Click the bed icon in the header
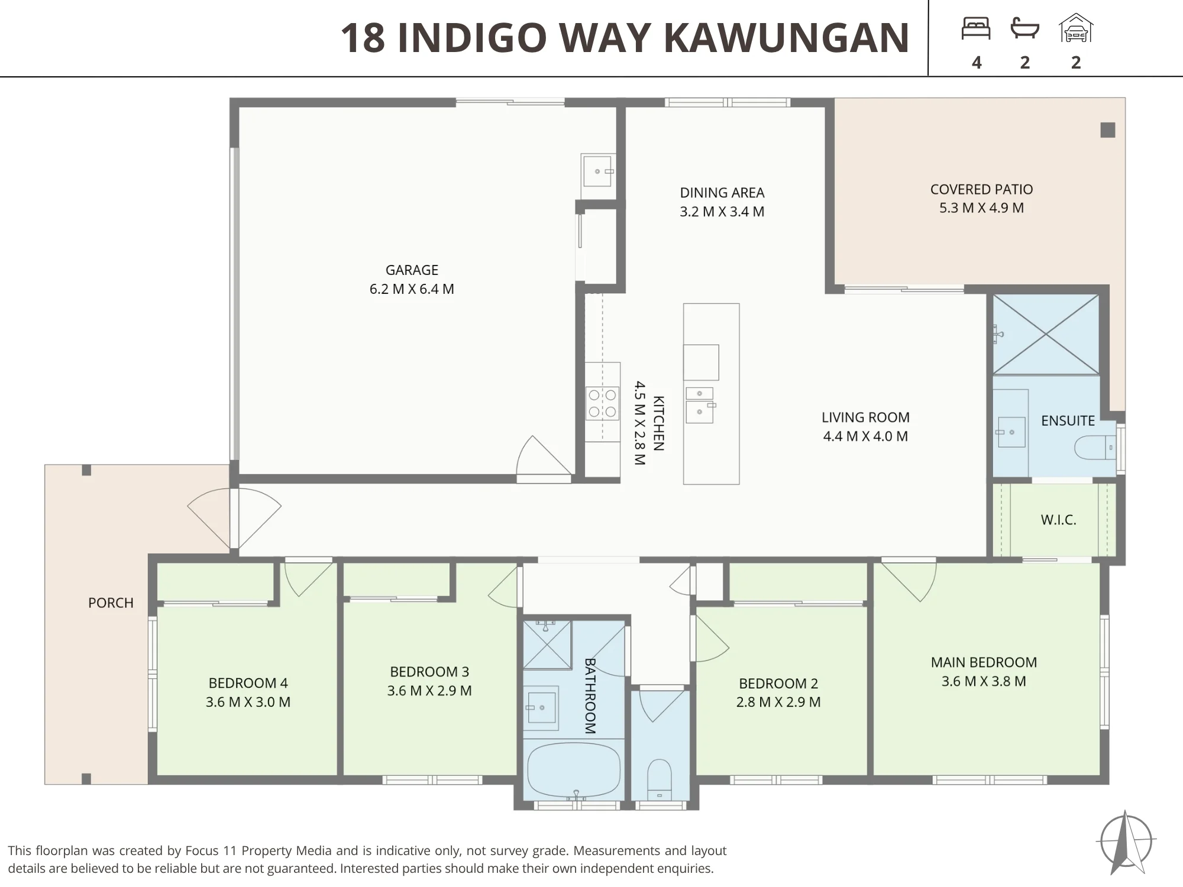click(x=976, y=28)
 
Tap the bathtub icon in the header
click(x=1025, y=28)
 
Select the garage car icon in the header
click(x=1076, y=28)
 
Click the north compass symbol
click(x=1126, y=841)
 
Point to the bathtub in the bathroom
click(x=573, y=770)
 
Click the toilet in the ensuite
click(x=1094, y=448)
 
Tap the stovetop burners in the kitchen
click(x=603, y=403)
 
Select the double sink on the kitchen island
click(x=700, y=405)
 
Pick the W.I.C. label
click(x=1058, y=520)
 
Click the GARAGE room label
click(x=412, y=270)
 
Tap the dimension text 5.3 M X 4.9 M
click(x=981, y=208)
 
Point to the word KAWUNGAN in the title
click(x=787, y=37)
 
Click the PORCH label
click(x=111, y=603)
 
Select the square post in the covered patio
click(x=1108, y=130)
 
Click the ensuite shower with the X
click(x=1046, y=334)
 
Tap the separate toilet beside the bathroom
click(x=660, y=779)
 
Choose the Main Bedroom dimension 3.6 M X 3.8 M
click(x=984, y=681)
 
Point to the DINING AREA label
click(x=722, y=192)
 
